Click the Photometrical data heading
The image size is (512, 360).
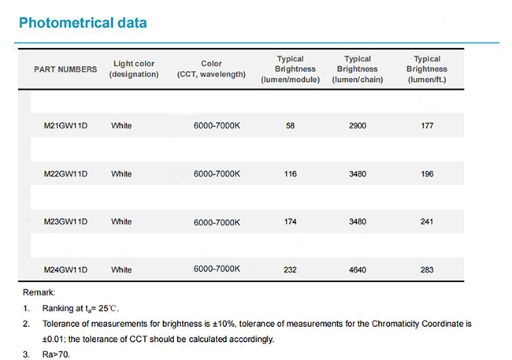(83, 23)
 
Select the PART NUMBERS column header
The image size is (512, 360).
(65, 69)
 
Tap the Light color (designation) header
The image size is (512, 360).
(134, 69)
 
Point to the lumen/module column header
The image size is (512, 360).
(291, 69)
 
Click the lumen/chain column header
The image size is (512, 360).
(358, 69)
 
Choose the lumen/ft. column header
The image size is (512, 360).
(427, 69)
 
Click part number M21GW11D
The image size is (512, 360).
(65, 126)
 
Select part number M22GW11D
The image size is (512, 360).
(65, 174)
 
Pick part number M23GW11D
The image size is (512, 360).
(65, 222)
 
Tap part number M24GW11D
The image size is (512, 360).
(65, 270)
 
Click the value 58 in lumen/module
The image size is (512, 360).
(291, 126)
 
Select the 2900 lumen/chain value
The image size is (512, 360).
(358, 126)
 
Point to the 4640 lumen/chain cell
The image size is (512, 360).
(358, 270)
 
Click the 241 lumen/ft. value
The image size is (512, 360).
(427, 222)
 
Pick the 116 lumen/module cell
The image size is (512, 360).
(291, 174)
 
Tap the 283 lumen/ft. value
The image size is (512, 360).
(427, 270)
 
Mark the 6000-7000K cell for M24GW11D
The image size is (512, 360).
(217, 269)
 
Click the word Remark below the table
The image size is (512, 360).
(39, 292)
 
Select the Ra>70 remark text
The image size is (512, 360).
(56, 354)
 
